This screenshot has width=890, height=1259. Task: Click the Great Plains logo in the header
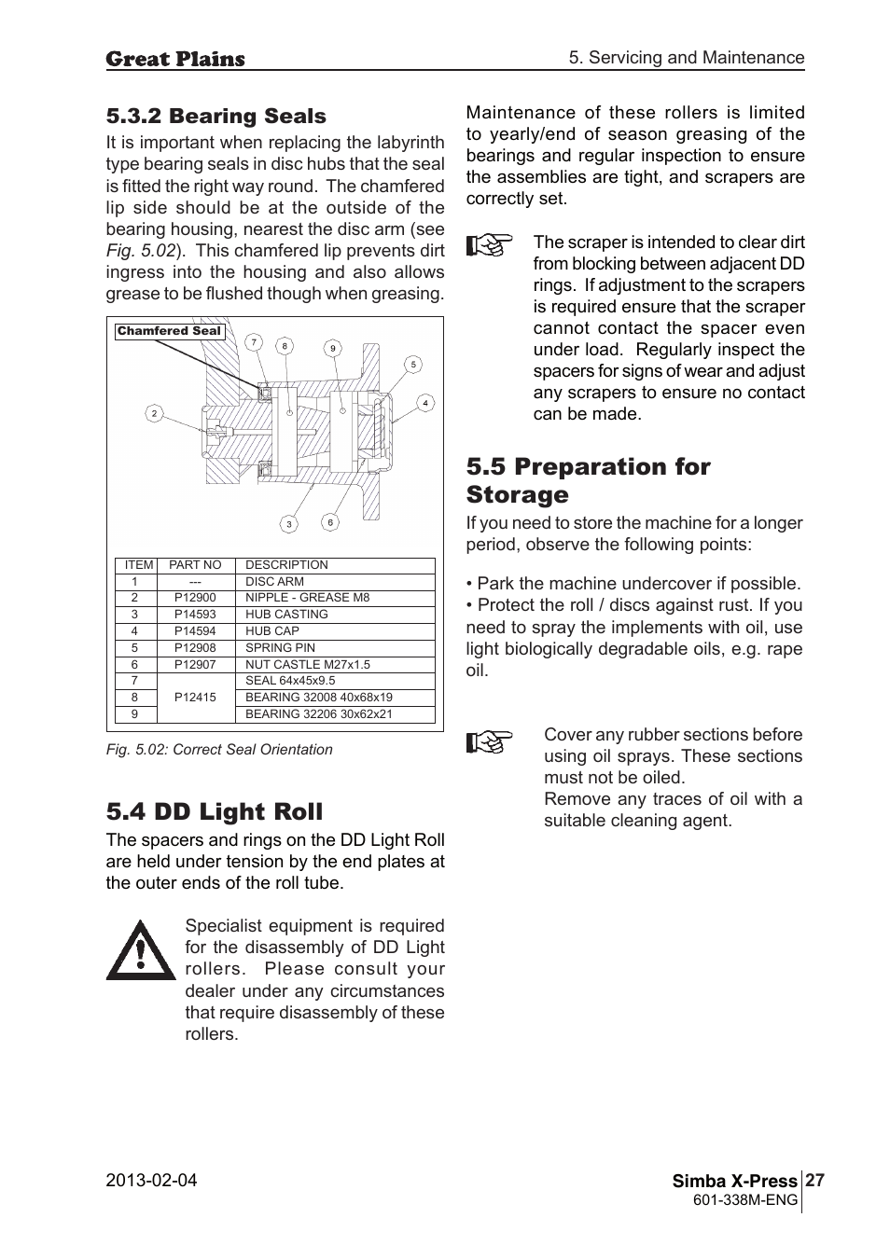(175, 59)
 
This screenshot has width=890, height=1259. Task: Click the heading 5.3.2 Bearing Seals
(216, 117)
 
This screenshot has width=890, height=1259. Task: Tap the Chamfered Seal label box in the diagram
(169, 331)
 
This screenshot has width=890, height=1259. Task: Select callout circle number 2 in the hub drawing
(155, 413)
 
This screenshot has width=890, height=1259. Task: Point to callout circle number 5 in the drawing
(412, 365)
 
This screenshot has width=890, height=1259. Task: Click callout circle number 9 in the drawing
(332, 349)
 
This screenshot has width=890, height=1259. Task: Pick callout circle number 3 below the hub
(289, 524)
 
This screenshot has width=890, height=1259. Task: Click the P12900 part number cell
(195, 598)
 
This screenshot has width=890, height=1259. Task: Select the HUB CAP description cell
(272, 631)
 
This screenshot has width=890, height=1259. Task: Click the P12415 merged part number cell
(195, 698)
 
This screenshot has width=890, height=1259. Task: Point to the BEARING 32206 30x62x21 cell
(318, 714)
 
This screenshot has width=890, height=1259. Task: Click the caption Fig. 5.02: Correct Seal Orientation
(219, 750)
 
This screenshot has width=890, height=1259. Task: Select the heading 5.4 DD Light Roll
(214, 811)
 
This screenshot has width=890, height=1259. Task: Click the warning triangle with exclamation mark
(140, 951)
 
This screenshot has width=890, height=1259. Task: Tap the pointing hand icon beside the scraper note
(490, 246)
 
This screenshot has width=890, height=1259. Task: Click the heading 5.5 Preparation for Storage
(588, 480)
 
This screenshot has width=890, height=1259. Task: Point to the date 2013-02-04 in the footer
(151, 1181)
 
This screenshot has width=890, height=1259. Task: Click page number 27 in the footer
(814, 1181)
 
